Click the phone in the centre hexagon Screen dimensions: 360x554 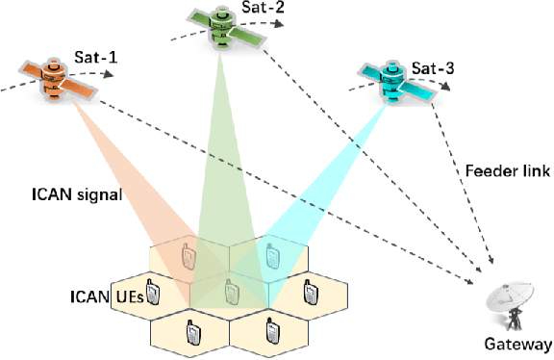(x=229, y=290)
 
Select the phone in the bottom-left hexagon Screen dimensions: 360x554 (x=189, y=331)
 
